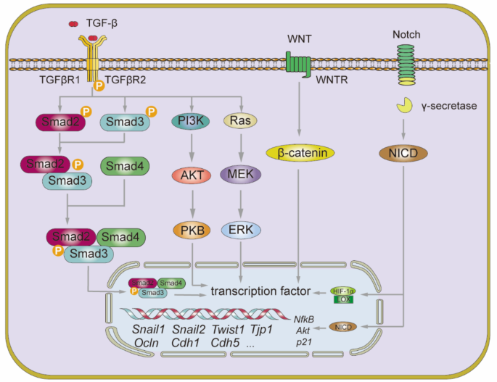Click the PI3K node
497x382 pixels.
[191, 120]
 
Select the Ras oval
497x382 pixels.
[239, 120]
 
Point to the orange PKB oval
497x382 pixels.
[191, 230]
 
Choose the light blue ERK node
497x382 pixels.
[240, 230]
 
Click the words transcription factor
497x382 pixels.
[260, 291]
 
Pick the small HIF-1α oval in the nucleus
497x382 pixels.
[342, 290]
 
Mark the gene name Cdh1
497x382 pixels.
[186, 343]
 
